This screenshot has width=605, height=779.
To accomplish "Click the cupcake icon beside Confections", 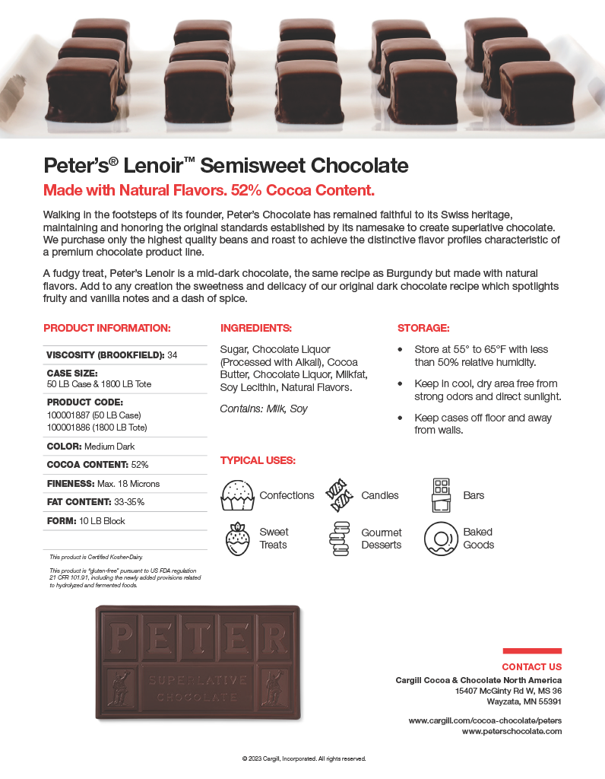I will (236, 495).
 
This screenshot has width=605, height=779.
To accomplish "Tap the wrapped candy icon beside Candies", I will (340, 495).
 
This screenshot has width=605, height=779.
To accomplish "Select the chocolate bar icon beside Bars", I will (442, 495).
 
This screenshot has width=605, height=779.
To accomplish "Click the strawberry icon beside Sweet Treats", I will (236, 538).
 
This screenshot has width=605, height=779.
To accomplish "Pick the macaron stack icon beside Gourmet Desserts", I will (339, 539).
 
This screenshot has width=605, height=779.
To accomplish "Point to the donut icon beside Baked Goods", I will (440, 538).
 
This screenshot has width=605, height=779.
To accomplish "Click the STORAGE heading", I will (423, 328).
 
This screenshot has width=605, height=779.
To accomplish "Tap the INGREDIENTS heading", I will (256, 328).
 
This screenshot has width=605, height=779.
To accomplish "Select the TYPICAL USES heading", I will (258, 460).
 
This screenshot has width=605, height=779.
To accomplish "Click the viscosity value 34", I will (173, 355).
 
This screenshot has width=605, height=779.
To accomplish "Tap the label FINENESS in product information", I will (71, 483).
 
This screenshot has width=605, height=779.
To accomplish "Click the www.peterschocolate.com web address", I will (512, 731).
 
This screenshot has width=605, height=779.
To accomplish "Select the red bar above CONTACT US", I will (532, 651).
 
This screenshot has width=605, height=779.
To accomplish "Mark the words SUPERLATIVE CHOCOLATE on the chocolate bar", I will (198, 688).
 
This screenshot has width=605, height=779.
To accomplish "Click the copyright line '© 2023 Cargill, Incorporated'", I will (303, 758).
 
